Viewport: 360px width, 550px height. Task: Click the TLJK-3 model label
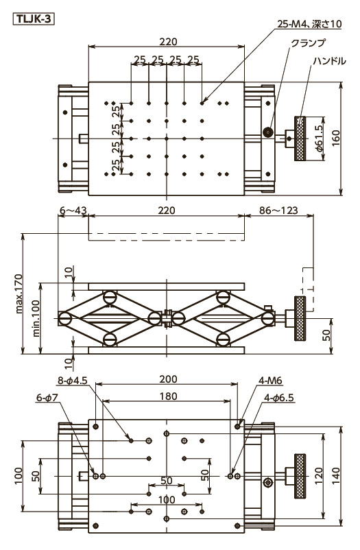[34, 19]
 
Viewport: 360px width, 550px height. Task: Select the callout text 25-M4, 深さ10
[309, 24]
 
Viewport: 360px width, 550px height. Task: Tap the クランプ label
[308, 43]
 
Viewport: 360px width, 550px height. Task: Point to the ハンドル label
[329, 61]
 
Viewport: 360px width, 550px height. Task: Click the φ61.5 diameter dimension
[319, 139]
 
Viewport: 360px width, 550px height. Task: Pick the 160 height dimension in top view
[336, 139]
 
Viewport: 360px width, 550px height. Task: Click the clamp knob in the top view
[269, 132]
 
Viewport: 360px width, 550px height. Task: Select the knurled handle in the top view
[300, 139]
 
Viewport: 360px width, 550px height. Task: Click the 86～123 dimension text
[278, 210]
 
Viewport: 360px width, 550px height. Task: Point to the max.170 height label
[19, 294]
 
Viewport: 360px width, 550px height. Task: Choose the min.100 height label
[36, 318]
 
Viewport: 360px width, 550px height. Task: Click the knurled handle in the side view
[300, 318]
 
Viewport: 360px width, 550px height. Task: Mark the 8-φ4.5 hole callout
[72, 380]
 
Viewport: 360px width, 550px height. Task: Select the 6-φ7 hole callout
[48, 398]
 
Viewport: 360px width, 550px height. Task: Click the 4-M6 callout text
[270, 380]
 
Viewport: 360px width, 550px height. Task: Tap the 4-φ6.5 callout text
[279, 398]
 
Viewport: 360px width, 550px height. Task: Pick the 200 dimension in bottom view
[168, 379]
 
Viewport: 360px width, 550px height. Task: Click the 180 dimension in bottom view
[168, 396]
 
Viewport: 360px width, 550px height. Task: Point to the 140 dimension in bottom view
[336, 476]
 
